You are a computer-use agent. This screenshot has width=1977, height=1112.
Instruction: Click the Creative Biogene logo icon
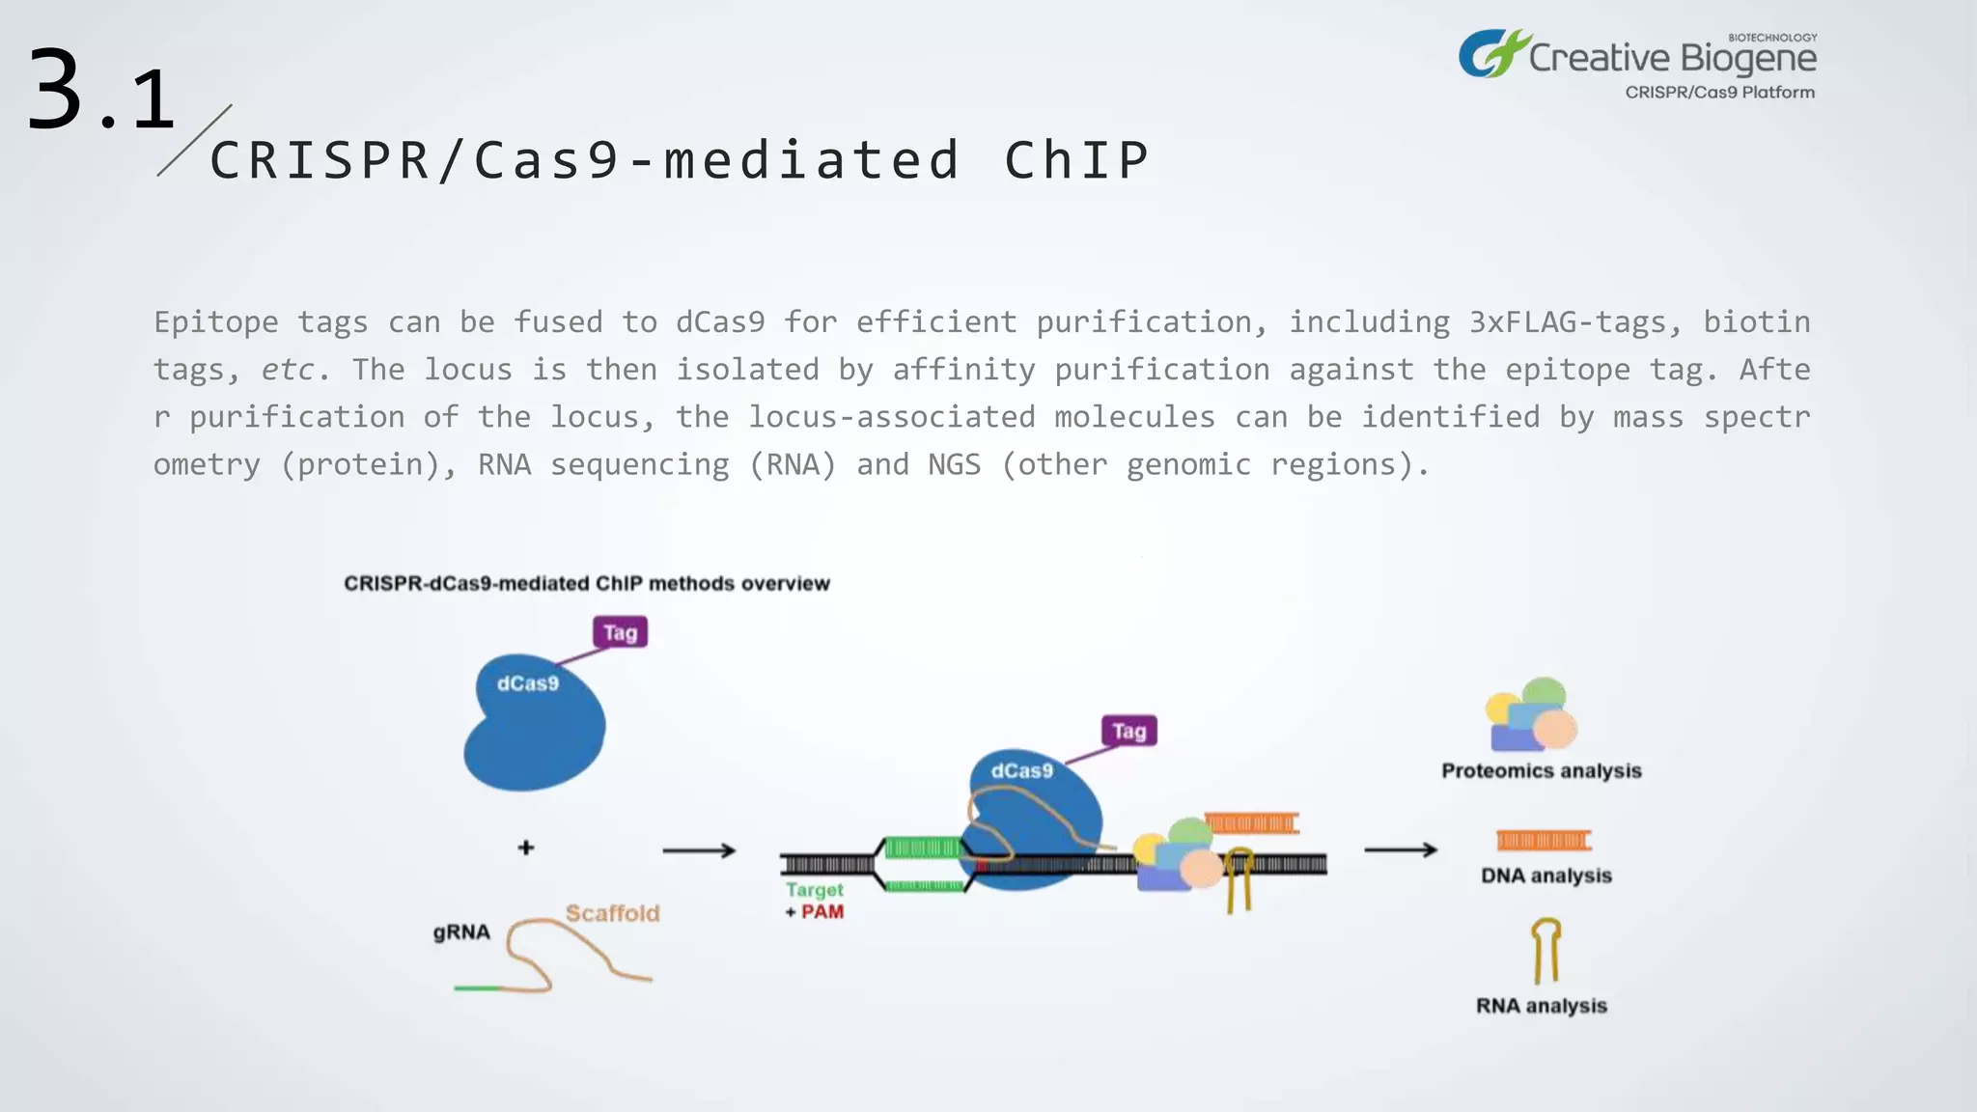coord(1492,54)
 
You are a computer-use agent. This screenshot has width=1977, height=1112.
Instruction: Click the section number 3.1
coord(100,93)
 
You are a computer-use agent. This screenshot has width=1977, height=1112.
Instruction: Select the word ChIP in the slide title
coord(1076,160)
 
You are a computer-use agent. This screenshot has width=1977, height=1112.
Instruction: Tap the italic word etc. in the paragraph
coord(288,370)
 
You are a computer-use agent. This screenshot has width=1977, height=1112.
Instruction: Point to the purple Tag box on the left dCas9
coord(620,632)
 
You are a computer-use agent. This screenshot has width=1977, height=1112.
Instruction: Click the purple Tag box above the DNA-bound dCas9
coord(1128,731)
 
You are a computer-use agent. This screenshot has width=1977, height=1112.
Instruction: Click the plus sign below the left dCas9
coord(526,848)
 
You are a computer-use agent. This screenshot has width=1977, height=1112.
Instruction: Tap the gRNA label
coord(461,932)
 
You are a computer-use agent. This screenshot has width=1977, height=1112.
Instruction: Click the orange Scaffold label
coord(612,913)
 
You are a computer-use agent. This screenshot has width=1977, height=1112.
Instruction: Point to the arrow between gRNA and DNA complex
coord(699,850)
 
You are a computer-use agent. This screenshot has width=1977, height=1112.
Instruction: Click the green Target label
coord(814,890)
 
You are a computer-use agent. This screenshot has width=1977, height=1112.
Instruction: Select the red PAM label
coord(821,912)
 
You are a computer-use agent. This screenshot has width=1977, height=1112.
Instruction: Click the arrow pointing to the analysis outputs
coord(1400,849)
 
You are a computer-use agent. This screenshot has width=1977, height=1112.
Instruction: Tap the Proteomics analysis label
coord(1541,770)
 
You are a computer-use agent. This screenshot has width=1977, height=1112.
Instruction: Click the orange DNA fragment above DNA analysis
coord(1543,840)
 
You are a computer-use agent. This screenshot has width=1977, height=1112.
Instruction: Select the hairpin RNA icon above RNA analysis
coord(1545,950)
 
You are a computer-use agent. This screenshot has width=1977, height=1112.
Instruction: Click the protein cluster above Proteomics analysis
coord(1531,715)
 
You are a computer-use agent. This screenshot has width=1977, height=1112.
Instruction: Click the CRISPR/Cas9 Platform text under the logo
coord(1719,93)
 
